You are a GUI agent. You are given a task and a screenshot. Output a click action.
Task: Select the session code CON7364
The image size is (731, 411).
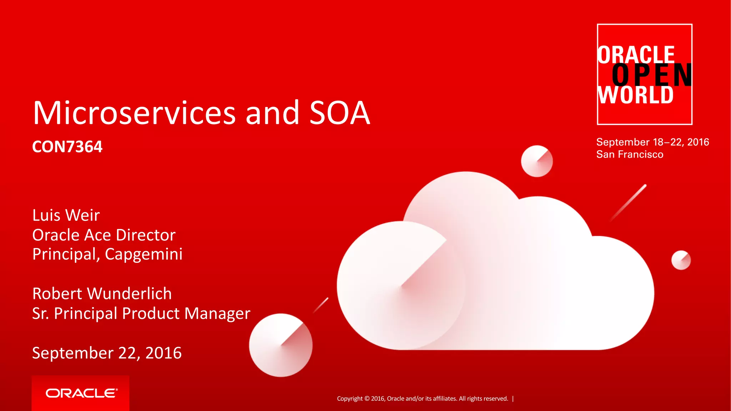pyautogui.click(x=67, y=147)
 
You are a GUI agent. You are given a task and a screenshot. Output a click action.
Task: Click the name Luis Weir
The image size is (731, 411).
pyautogui.click(x=66, y=215)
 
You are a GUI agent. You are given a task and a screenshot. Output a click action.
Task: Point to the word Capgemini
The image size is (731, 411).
pyautogui.click(x=143, y=254)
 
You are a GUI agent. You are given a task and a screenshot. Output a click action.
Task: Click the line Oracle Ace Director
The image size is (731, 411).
pyautogui.click(x=104, y=235)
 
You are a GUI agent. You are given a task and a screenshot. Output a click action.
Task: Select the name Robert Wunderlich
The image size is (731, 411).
pyautogui.click(x=102, y=293)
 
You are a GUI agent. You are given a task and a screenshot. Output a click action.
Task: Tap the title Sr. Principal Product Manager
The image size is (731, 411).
pyautogui.click(x=141, y=313)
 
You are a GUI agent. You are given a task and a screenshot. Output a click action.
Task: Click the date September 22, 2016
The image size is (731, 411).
pyautogui.click(x=107, y=352)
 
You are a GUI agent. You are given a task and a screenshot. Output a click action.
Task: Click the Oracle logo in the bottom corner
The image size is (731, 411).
pyautogui.click(x=81, y=393)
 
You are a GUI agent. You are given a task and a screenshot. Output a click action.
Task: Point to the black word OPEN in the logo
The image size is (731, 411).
pyautogui.click(x=652, y=75)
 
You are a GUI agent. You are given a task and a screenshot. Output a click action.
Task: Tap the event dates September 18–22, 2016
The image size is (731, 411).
pyautogui.click(x=652, y=142)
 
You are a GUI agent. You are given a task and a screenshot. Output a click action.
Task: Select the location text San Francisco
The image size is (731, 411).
pyautogui.click(x=630, y=154)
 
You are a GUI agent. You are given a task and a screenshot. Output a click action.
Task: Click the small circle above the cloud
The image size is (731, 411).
pyautogui.click(x=536, y=161)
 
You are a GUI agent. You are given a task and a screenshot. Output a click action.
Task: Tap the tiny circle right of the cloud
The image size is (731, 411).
pyautogui.click(x=681, y=260)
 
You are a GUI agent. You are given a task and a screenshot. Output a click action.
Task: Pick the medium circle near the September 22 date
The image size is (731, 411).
pyautogui.click(x=281, y=345)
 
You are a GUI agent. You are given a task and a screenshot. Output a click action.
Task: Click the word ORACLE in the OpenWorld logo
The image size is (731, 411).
pyautogui.click(x=636, y=55)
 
